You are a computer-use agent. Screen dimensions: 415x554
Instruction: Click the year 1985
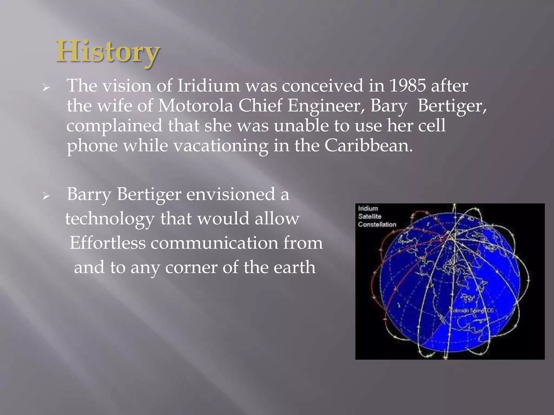407,86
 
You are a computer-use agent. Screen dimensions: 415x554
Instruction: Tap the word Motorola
195,106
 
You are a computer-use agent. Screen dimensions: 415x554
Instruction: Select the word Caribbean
368,146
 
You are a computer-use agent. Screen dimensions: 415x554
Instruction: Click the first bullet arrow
46,87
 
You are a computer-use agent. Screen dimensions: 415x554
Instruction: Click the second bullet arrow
46,196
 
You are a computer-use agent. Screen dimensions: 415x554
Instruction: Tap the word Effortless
107,243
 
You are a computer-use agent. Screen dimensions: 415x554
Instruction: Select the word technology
110,219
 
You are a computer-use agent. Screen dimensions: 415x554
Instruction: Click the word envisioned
231,194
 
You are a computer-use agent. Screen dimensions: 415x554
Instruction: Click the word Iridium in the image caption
368,208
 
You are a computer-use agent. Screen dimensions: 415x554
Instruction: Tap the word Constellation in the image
377,225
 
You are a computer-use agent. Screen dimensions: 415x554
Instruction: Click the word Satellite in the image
370,216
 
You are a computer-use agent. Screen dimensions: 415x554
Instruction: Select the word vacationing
220,146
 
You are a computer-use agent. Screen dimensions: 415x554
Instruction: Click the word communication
214,243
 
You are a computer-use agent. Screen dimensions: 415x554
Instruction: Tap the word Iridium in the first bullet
208,86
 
